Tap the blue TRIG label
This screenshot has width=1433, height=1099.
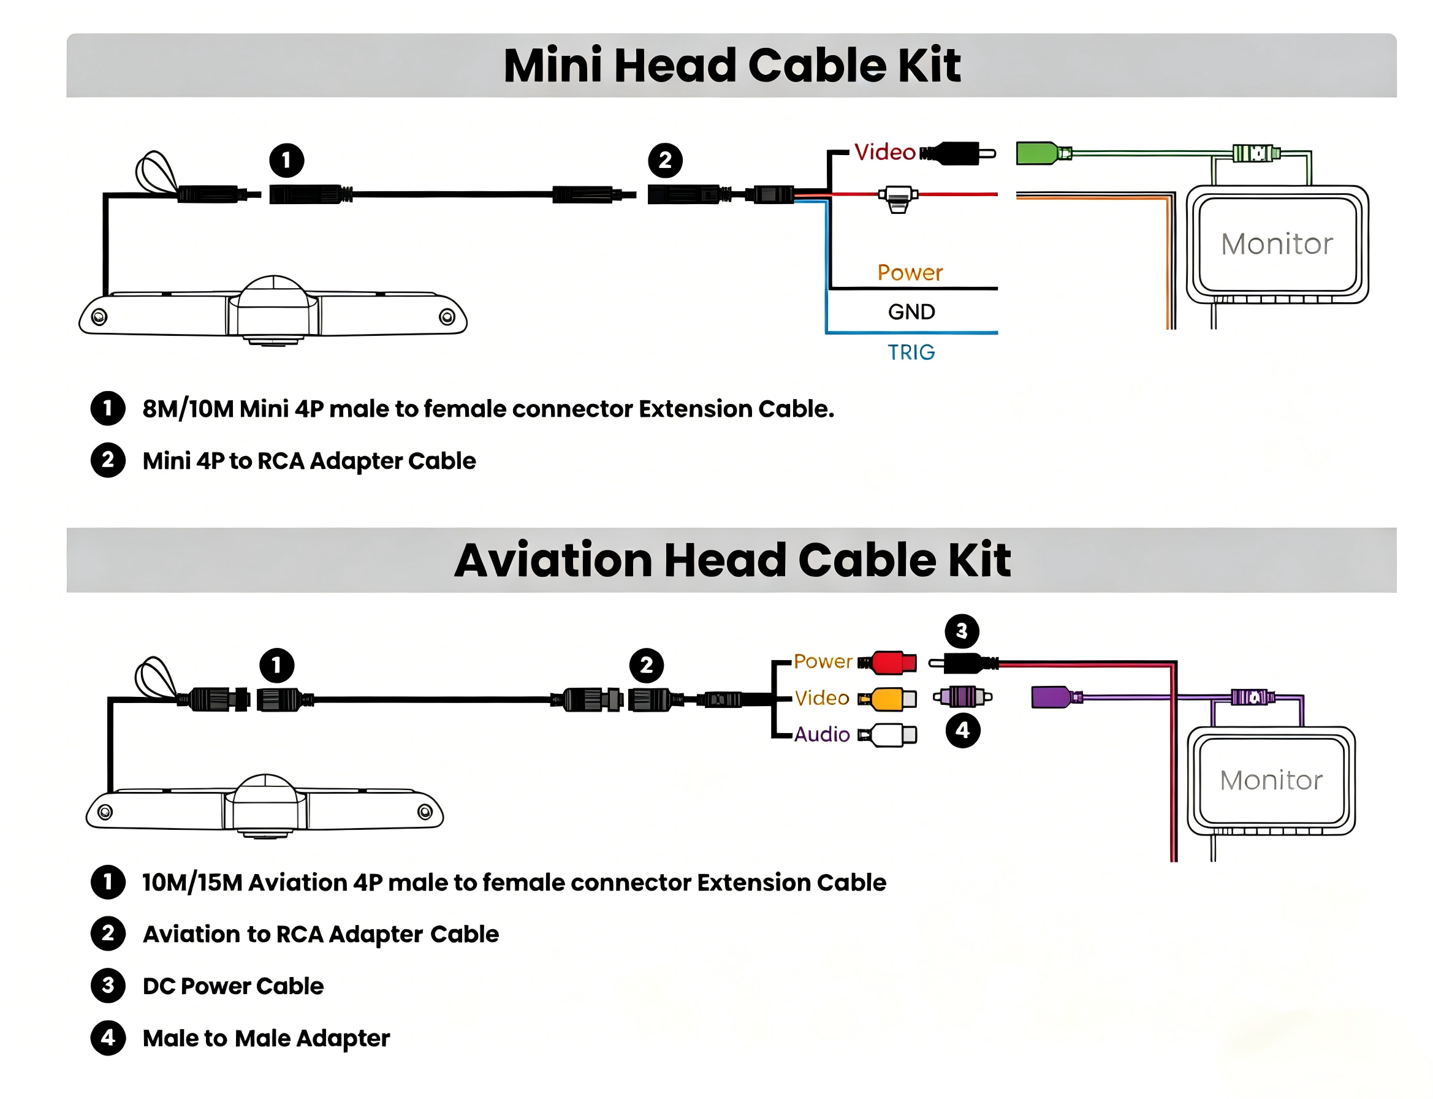(910, 352)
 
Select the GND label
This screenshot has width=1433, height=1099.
(910, 311)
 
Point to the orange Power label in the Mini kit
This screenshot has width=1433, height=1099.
(909, 272)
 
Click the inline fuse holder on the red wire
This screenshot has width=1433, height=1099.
(897, 198)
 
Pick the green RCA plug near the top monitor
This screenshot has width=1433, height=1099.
(1043, 153)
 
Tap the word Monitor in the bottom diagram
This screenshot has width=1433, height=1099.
(1270, 780)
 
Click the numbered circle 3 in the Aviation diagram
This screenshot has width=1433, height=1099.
(962, 631)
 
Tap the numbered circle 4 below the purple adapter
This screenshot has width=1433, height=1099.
(962, 730)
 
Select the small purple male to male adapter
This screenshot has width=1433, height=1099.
(962, 696)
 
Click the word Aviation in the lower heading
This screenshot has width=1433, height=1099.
(553, 560)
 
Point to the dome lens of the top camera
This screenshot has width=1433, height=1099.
(273, 292)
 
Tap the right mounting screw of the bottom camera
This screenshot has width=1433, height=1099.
(425, 812)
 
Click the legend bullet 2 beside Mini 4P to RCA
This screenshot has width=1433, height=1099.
(108, 460)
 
